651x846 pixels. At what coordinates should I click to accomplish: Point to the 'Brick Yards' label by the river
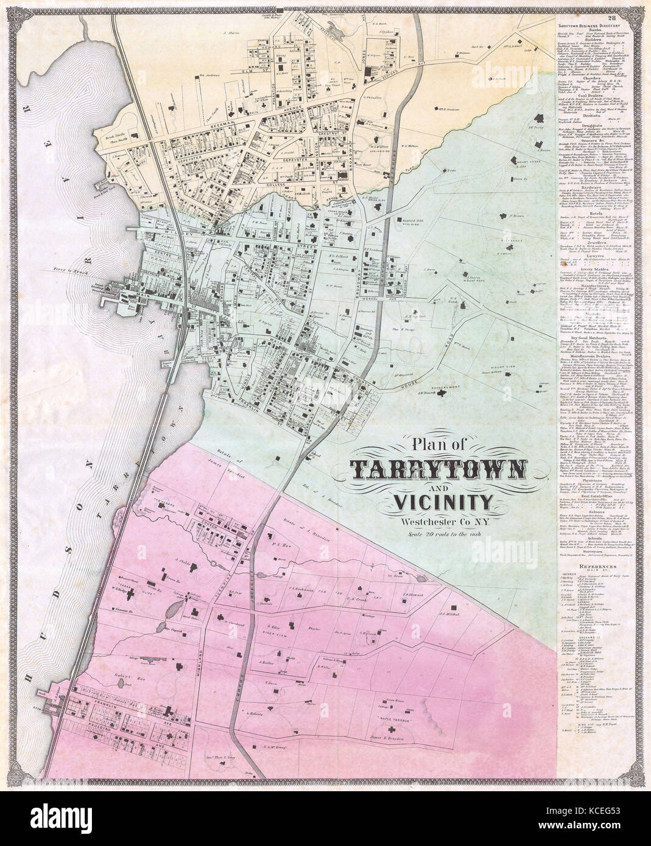119,138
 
